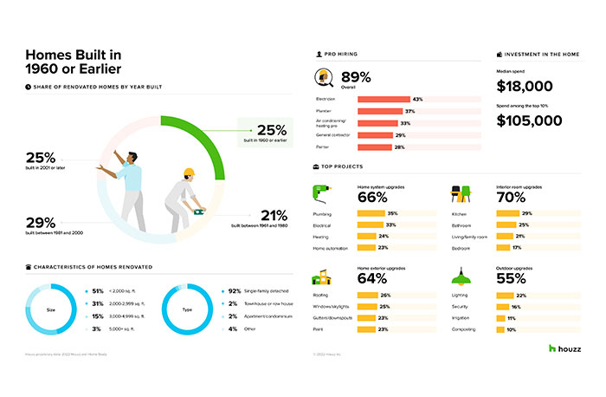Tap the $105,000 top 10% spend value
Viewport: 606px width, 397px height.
529,120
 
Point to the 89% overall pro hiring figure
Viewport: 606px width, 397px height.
356,75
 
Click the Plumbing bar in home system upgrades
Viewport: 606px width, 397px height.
373,213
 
